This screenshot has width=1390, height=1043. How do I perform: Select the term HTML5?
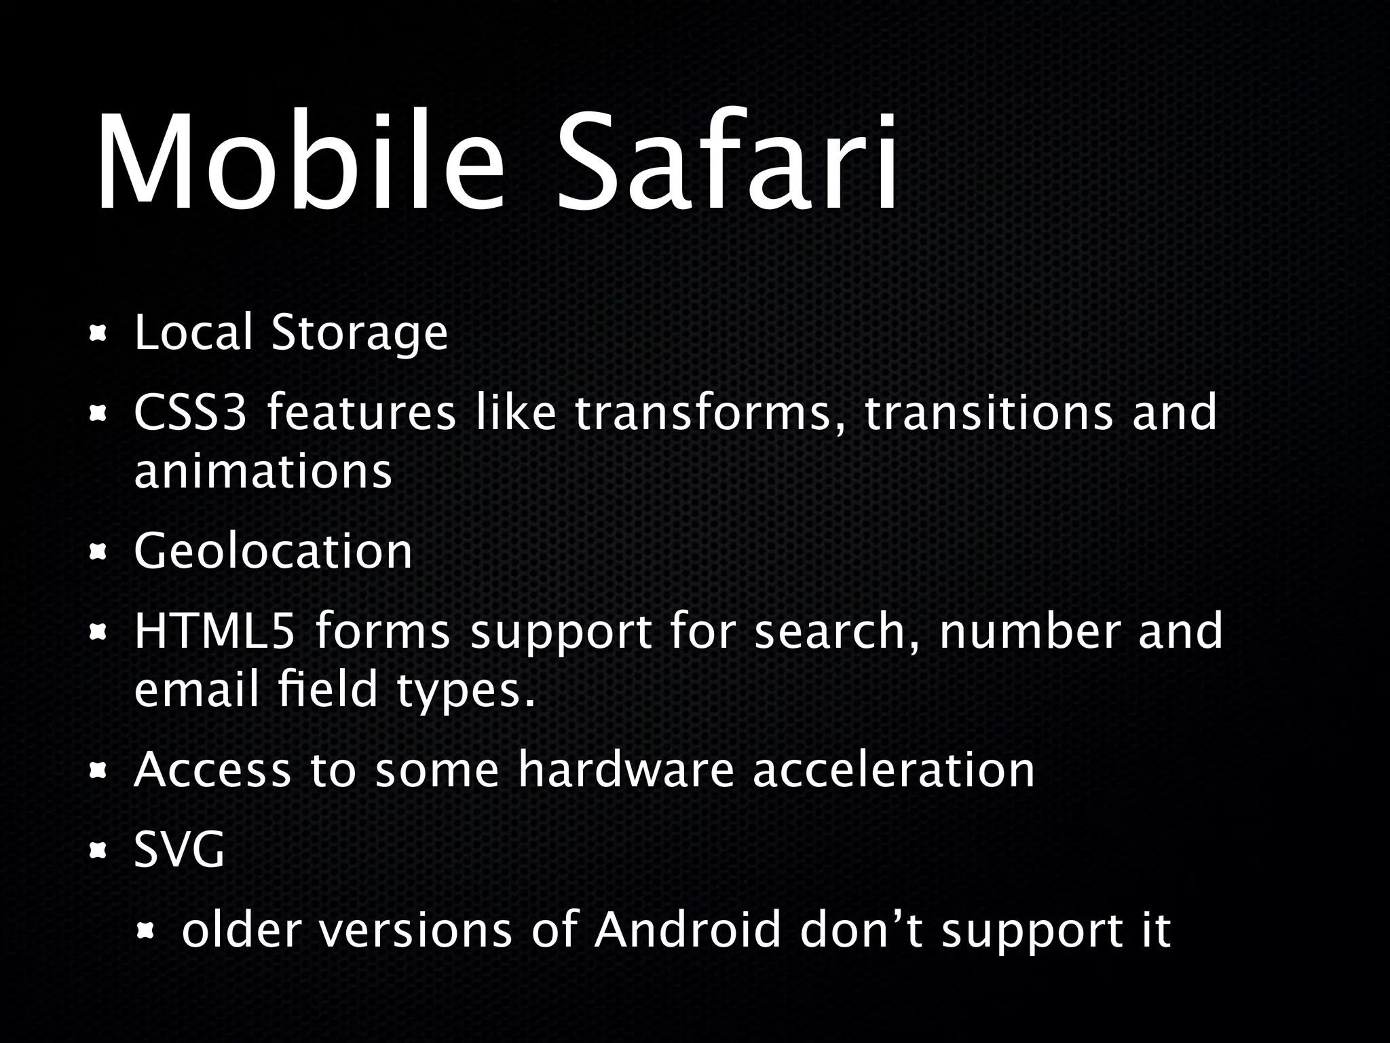(214, 631)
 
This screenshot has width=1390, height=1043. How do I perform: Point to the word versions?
(415, 931)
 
